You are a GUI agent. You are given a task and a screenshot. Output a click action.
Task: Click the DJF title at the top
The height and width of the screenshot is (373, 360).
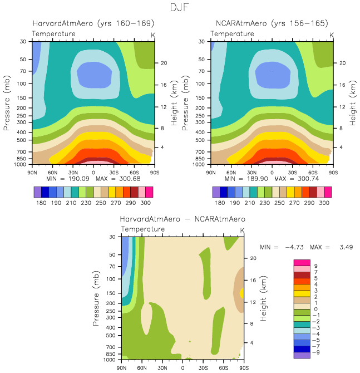coord(180,8)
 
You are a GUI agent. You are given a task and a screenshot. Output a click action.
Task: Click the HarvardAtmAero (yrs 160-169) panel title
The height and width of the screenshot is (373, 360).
coord(93,24)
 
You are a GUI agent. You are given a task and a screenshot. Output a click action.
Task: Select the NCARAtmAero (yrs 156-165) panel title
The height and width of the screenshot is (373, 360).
coord(272,24)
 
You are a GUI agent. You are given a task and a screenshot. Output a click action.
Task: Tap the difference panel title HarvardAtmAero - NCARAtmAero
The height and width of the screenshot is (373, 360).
coord(183,219)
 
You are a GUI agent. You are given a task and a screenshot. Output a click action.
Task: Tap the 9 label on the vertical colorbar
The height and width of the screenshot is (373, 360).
coord(315,267)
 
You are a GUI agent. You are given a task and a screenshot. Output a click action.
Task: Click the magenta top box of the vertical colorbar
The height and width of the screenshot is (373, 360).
coord(302,263)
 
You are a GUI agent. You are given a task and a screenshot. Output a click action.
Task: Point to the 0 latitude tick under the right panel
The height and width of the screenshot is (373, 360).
coord(272,172)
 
